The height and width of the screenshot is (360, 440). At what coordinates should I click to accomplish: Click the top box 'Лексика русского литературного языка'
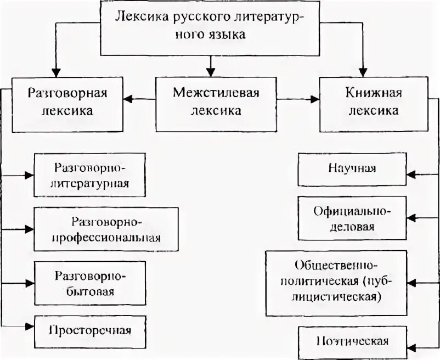point(210,27)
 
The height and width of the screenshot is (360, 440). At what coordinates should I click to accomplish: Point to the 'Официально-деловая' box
point(353,218)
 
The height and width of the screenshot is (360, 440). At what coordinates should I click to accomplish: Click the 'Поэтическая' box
point(353,341)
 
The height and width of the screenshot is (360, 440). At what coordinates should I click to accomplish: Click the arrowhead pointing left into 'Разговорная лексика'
point(128,99)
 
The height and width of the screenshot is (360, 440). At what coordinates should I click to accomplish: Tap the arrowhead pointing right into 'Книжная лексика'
point(314,99)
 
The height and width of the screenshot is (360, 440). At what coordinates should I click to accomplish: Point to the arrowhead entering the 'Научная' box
point(411,174)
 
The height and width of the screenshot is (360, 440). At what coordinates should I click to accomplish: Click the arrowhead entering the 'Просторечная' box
point(29,327)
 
